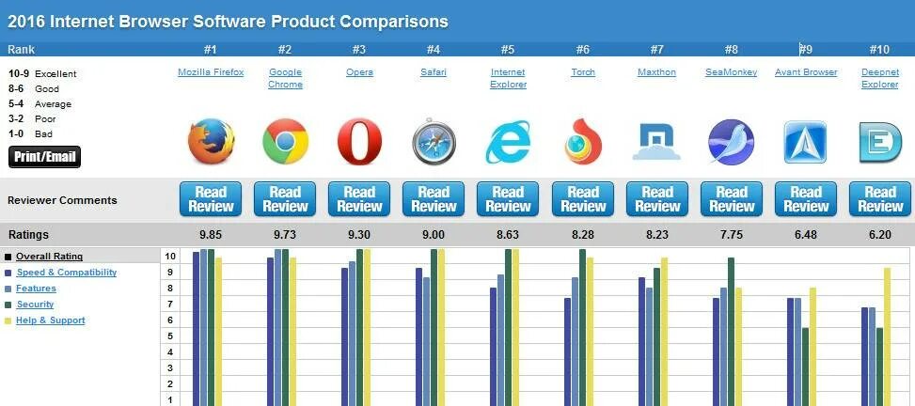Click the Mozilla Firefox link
point(211,72)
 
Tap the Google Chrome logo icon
point(285,142)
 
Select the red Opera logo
point(359,142)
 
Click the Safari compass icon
point(434,142)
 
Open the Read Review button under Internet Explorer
point(508,199)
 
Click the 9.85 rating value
point(211,235)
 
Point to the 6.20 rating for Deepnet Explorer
point(880,235)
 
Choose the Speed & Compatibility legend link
point(67,273)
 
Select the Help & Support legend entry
point(51,320)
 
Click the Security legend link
point(36,304)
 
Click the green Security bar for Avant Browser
point(806,366)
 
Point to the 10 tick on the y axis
point(169,256)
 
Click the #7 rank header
point(656,50)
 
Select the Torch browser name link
point(583,72)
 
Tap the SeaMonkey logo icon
point(731,142)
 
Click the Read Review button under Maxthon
point(656,199)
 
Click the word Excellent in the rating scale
point(55,74)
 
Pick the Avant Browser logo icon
point(805,142)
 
